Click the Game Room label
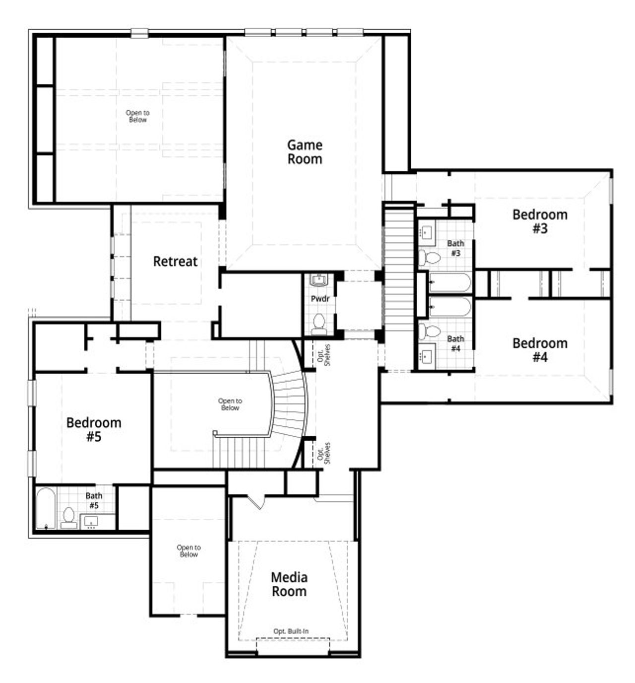305,152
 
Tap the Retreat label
175,261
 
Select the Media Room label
289,584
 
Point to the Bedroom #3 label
540,221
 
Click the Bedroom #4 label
540,350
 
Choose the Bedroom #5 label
94,429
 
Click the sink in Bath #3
427,232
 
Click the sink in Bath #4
427,355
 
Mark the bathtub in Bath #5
46,508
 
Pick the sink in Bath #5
91,521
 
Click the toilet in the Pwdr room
319,323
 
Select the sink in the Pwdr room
318,280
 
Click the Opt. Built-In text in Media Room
291,631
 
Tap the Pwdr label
320,299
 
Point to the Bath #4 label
455,343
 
